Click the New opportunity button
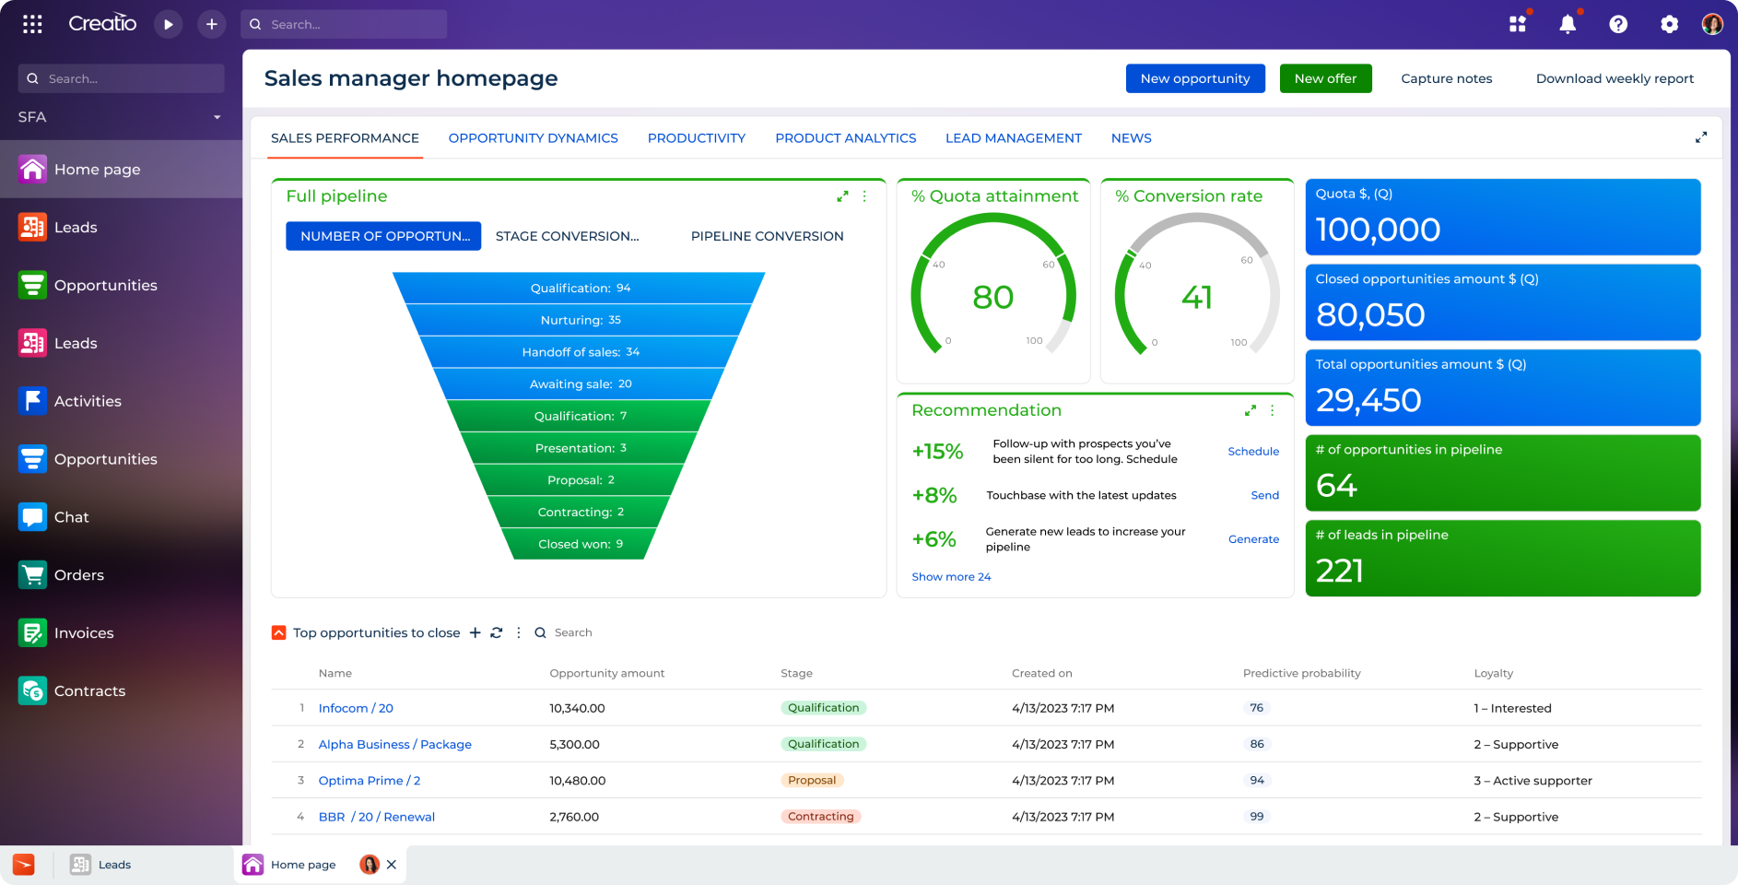(1194, 78)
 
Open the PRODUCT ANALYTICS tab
(845, 138)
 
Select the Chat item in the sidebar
(71, 517)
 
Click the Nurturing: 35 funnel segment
(580, 320)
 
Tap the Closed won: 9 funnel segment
(580, 544)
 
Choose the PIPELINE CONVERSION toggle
(767, 236)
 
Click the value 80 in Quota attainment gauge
(992, 298)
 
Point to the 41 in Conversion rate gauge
(1196, 298)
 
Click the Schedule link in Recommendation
(1252, 452)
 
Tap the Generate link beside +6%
(1252, 539)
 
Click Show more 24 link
(951, 577)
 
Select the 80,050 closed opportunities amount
(1370, 315)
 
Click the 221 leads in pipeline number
(1339, 572)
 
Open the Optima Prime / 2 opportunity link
(369, 781)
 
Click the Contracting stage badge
(820, 817)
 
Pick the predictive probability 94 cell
(1256, 781)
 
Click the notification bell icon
(1567, 25)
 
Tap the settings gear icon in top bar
(1669, 25)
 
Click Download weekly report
(1614, 78)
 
